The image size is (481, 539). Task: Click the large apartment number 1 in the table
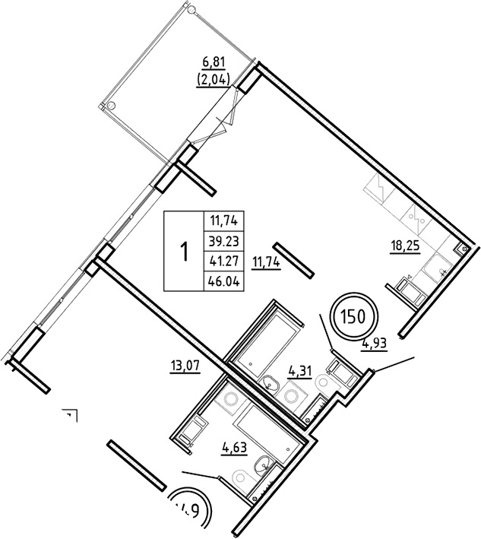coord(183,252)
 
